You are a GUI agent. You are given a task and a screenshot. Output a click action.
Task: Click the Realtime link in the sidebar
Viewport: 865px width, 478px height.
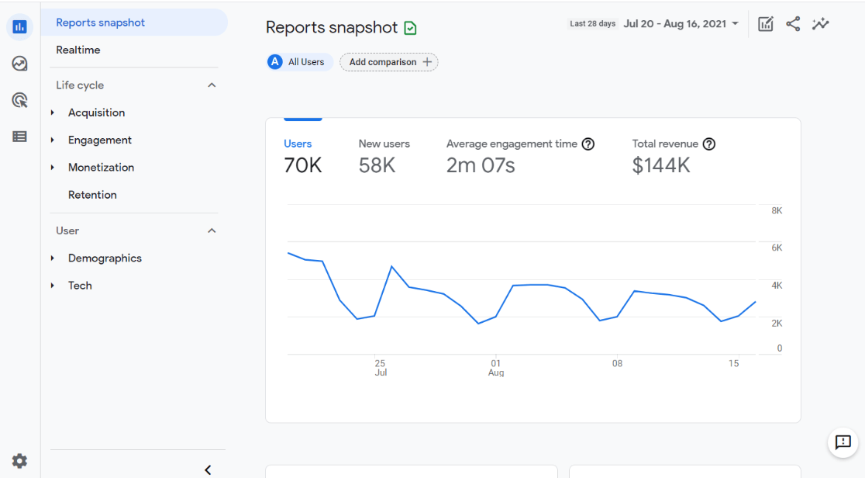coord(78,50)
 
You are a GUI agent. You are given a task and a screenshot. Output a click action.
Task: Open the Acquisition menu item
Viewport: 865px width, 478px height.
coord(96,113)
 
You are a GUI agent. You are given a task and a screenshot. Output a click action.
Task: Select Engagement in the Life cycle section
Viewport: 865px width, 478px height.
coord(100,140)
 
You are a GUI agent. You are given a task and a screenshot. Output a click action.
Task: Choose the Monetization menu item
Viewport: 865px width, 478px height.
coord(101,167)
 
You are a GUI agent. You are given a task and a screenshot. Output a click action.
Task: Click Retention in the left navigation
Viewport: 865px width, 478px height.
coord(92,195)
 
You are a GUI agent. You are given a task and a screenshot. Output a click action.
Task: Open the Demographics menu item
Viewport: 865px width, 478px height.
coord(105,258)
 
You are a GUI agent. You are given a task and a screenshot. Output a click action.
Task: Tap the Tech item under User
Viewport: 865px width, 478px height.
coord(80,286)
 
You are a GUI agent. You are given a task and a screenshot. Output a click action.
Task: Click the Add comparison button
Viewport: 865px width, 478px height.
coord(389,62)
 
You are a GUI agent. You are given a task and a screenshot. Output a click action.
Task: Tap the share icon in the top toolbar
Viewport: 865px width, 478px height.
coord(793,23)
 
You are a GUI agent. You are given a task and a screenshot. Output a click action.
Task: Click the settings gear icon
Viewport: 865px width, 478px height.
coord(20,461)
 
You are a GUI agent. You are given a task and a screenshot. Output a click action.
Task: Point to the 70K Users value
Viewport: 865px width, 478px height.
coord(303,165)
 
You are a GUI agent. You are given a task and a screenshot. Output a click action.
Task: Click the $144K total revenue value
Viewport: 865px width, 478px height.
coord(661,165)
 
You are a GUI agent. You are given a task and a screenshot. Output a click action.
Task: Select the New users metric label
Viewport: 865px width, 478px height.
coord(384,144)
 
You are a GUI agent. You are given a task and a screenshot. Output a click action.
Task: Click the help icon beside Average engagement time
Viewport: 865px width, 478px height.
coord(588,144)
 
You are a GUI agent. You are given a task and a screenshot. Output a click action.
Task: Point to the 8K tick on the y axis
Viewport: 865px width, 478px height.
coord(777,211)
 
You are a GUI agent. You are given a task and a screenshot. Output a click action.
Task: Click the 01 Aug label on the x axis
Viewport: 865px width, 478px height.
coord(496,368)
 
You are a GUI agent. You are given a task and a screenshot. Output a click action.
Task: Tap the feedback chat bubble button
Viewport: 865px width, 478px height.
coord(843,442)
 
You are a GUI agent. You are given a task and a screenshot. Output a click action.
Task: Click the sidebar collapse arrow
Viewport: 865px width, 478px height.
coord(208,469)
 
